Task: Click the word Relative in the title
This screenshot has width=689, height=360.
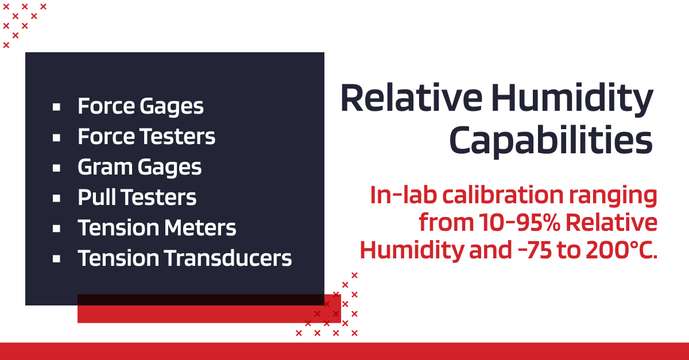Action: tap(411, 99)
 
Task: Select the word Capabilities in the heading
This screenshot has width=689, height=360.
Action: tap(551, 141)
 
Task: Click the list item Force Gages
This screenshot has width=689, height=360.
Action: tap(141, 106)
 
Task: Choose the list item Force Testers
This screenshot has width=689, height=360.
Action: tap(146, 137)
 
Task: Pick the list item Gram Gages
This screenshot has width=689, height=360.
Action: tap(140, 167)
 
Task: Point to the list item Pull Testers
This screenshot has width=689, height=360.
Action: tap(137, 198)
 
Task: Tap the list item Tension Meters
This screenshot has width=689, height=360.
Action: tap(157, 228)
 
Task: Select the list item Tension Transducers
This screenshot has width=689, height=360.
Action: tap(185, 258)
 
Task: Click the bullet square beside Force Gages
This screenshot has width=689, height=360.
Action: tap(56, 107)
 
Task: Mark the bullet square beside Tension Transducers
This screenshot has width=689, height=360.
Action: tap(56, 259)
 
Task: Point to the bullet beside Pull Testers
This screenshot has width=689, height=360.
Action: tap(56, 198)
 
